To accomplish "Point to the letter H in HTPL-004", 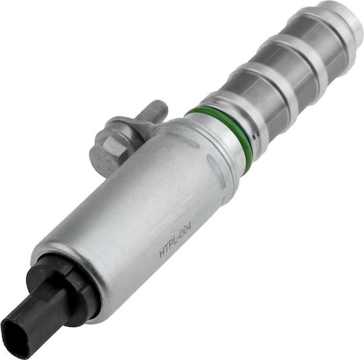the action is (162, 252).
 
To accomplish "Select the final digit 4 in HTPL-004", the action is (190, 224).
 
